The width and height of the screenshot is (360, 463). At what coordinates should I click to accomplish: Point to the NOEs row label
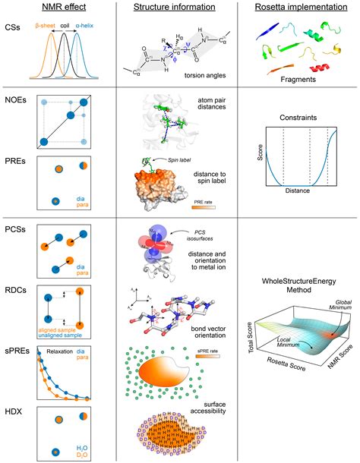point(17,100)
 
